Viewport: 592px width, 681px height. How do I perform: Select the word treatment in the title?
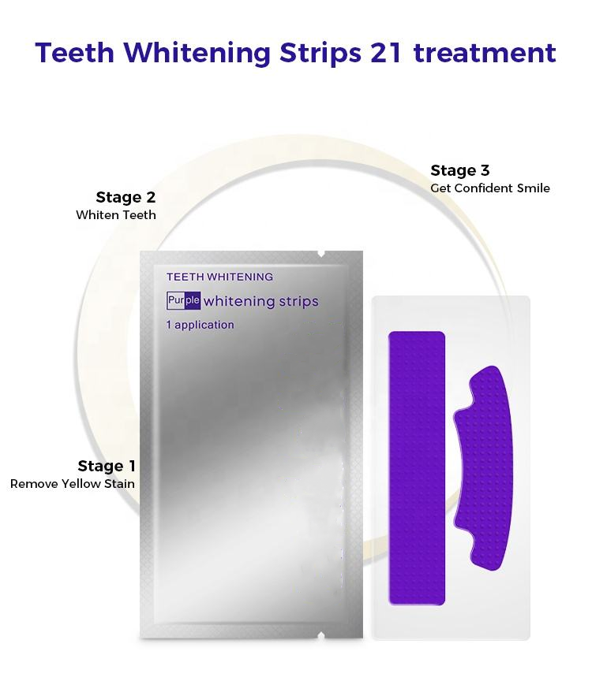click(484, 53)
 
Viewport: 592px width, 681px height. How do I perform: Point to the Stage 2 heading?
click(126, 197)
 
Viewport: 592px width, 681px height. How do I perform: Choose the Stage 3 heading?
click(460, 170)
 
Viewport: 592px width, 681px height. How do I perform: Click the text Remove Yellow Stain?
click(73, 484)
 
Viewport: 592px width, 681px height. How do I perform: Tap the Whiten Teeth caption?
click(116, 215)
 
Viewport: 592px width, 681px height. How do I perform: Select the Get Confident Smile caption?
click(490, 188)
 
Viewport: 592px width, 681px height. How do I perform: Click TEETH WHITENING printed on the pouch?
click(219, 277)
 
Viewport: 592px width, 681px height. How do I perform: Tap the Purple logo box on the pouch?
click(184, 300)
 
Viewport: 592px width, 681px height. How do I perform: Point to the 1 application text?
click(200, 325)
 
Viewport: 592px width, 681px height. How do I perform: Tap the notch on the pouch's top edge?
click(320, 253)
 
